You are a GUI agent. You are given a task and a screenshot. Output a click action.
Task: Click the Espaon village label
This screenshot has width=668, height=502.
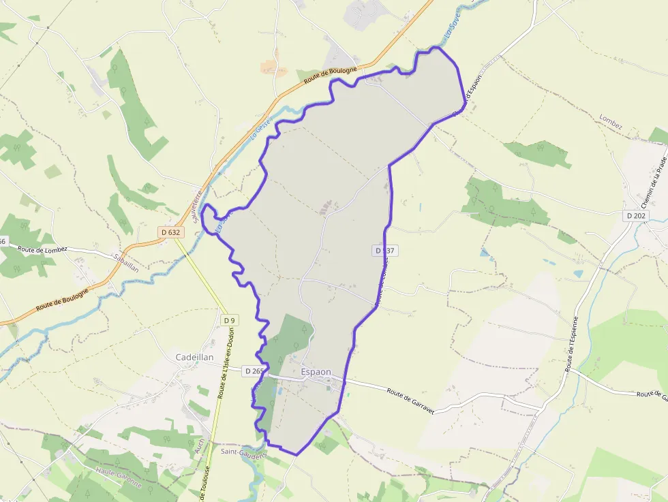(x=316, y=373)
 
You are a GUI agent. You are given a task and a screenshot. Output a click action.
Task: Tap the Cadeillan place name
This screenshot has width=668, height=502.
(x=194, y=357)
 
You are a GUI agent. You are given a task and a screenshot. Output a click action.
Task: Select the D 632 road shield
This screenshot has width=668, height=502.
(x=170, y=232)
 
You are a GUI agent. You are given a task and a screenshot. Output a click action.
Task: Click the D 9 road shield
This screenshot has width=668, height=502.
(x=229, y=320)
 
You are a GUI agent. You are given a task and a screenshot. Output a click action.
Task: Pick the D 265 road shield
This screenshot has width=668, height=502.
(x=254, y=371)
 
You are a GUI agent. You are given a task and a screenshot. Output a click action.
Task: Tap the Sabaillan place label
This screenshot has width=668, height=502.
(x=127, y=264)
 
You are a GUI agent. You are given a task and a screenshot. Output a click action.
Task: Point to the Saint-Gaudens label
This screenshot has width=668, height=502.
(x=243, y=452)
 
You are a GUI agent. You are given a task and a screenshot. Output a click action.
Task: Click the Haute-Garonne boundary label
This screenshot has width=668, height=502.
(x=119, y=477)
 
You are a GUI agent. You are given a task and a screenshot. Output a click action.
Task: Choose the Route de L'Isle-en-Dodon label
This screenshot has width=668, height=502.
(x=226, y=364)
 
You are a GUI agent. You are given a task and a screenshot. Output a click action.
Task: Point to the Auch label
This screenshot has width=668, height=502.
(x=200, y=446)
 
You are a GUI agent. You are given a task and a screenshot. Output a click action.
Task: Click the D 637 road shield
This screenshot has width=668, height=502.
(x=384, y=251)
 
